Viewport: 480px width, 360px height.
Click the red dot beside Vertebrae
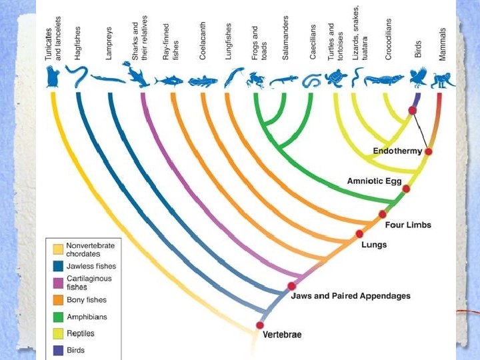[259, 325]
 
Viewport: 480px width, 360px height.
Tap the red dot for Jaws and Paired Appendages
[291, 286]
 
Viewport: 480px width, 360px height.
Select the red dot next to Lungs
[359, 233]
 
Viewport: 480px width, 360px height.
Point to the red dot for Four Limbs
[382, 214]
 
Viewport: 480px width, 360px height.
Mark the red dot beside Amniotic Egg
[406, 189]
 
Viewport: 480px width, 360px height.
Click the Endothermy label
[397, 151]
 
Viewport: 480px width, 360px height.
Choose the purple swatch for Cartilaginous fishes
[58, 282]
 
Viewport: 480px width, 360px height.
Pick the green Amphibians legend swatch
[58, 317]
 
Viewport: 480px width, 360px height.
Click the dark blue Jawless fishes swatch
[58, 266]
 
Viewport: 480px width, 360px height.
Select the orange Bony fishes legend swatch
[58, 300]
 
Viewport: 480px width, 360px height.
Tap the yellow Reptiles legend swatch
[58, 333]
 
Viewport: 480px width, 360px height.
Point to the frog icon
[254, 81]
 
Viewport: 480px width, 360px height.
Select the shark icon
[136, 75]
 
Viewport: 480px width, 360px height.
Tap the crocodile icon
[385, 80]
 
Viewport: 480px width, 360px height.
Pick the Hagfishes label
[77, 44]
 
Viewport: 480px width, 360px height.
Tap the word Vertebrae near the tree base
[281, 333]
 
